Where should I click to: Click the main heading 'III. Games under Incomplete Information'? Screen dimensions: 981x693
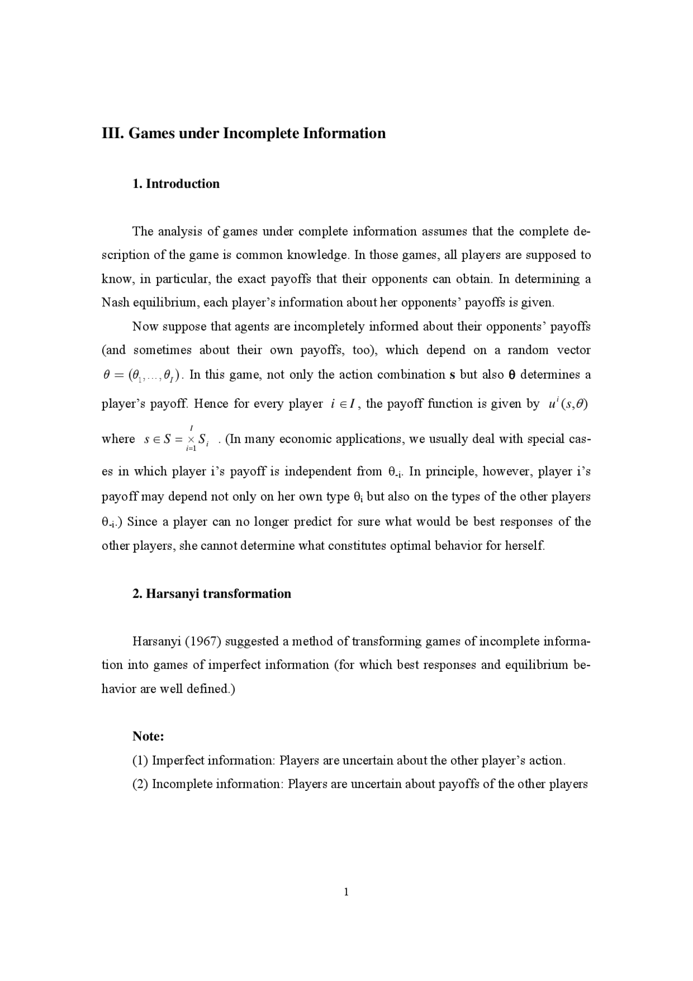click(244, 133)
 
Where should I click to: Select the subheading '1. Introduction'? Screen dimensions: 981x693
click(176, 184)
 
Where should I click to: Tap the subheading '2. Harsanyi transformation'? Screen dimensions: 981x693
click(212, 594)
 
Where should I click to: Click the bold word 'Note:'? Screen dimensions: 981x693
click(148, 736)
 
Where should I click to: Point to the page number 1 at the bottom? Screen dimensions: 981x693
click(346, 892)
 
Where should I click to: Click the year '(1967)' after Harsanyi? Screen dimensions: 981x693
click(203, 641)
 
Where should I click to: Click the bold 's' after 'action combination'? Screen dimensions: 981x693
click(452, 375)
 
